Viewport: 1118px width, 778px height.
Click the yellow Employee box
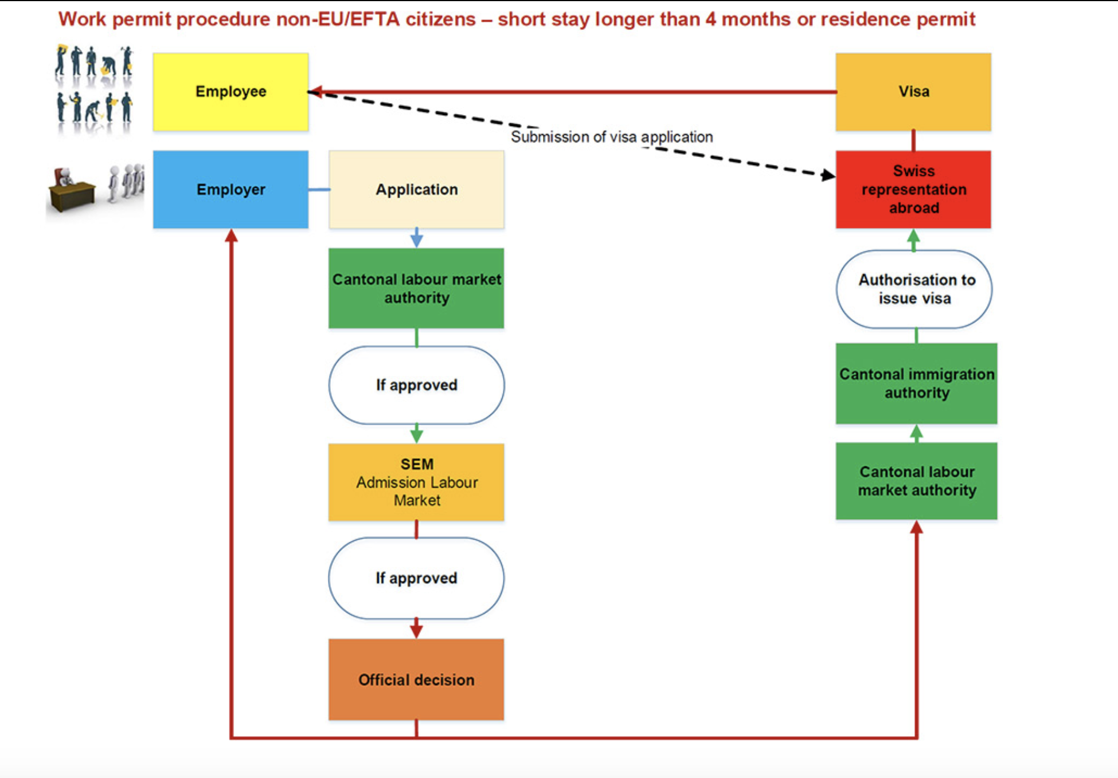(x=230, y=92)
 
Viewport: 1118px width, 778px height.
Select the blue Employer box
(x=230, y=190)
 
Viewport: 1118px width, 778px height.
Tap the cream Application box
(x=416, y=190)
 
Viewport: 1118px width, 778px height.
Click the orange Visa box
(x=913, y=92)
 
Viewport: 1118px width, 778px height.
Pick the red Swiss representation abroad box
(x=913, y=190)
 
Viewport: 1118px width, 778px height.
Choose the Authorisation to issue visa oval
(x=914, y=289)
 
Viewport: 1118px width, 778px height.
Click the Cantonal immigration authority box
(x=916, y=383)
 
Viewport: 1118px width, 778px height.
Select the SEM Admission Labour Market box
(x=416, y=482)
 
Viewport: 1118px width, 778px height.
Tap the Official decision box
(x=416, y=679)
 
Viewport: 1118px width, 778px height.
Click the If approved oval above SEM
(x=416, y=385)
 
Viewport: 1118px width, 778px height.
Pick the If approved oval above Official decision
(x=416, y=578)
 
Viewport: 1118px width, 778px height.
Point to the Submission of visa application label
(x=612, y=137)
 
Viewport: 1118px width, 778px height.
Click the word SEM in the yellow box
(x=417, y=464)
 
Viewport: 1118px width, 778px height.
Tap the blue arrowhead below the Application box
(x=417, y=241)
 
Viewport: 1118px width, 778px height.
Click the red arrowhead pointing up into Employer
(x=231, y=235)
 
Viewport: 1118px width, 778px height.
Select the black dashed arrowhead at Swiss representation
(x=828, y=175)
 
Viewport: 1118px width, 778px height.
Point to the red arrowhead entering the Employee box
(x=316, y=92)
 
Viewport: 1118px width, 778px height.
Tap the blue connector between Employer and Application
(x=319, y=190)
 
